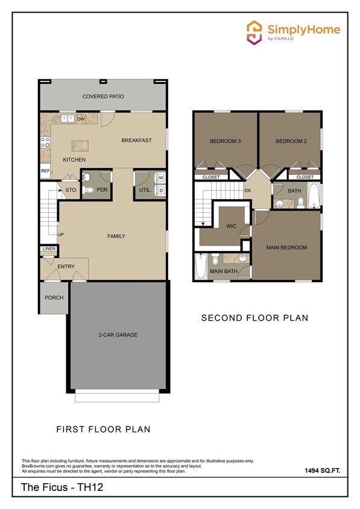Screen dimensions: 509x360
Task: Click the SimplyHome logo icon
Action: tap(254, 31)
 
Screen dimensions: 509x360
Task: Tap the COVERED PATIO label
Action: tap(104, 96)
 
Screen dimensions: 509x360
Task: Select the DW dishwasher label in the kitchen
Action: tap(80, 119)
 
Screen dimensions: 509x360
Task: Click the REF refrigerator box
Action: tap(45, 171)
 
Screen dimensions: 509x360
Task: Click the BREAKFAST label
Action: tap(136, 141)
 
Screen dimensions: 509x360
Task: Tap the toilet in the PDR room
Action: tap(89, 189)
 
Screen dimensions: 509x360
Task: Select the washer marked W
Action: tap(160, 178)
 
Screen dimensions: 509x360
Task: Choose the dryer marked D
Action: tap(160, 191)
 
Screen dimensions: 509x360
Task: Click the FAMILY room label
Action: tap(116, 236)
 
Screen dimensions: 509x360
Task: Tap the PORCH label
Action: tap(54, 298)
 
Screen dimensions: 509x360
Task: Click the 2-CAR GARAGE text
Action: tap(115, 335)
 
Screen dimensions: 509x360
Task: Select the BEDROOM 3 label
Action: tap(226, 141)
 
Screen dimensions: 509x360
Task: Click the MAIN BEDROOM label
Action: tap(287, 247)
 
